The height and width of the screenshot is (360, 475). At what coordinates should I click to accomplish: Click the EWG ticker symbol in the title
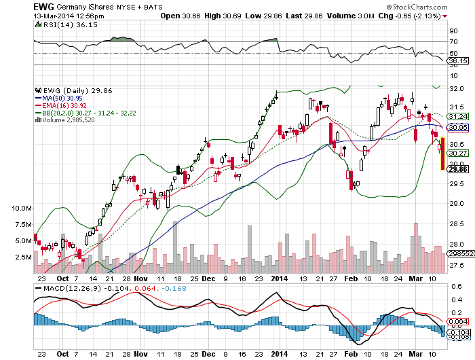tap(43, 7)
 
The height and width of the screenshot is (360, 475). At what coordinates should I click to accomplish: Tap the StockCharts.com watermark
tap(417, 7)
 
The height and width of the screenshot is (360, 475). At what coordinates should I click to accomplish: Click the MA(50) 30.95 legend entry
tap(59, 98)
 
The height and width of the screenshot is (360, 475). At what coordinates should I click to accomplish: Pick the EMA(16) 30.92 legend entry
tap(61, 105)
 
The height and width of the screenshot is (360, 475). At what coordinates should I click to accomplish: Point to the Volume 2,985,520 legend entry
tap(65, 120)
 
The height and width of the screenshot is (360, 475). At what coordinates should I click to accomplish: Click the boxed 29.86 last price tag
tap(458, 169)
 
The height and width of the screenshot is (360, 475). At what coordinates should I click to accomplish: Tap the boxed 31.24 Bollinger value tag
tap(458, 116)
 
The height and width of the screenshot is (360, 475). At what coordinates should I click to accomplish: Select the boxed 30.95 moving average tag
tap(458, 128)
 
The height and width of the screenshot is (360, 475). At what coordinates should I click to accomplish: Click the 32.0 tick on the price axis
tap(456, 88)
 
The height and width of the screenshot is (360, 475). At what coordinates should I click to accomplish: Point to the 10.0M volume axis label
tap(22, 209)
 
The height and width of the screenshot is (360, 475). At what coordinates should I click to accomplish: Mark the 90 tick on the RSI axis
tap(453, 31)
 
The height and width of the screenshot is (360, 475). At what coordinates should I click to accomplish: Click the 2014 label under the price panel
tap(280, 278)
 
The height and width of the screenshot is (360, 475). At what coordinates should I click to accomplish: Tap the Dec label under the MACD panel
tap(208, 354)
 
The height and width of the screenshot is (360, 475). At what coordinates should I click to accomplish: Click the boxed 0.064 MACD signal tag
tap(458, 321)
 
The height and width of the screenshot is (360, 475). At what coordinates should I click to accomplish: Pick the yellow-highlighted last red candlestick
tap(442, 153)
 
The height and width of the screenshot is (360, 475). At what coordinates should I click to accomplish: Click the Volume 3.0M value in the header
tap(351, 16)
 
